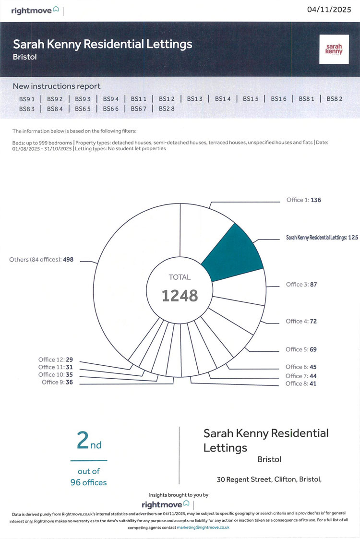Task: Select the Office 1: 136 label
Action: pos(303,200)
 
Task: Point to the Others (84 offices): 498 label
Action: pos(41,260)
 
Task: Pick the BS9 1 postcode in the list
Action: pos(27,99)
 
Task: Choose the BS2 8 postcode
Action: pos(167,109)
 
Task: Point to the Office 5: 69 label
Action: pos(301,349)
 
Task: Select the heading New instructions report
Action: pos(57,86)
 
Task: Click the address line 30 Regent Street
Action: pos(269,479)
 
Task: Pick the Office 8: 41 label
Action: pos(301,383)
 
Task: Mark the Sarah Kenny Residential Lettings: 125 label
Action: pos(322,238)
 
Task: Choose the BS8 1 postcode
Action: pos(306,99)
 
